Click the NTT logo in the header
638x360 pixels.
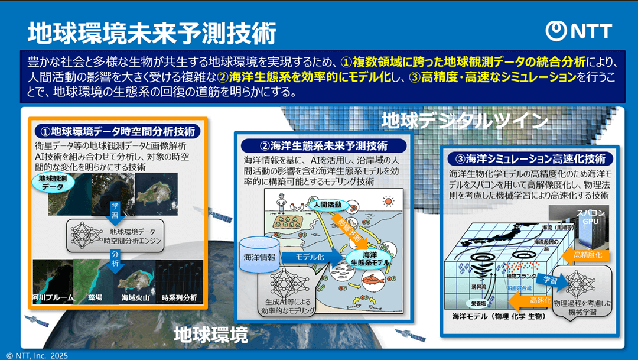pos(578,30)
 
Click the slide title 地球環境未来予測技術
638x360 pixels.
pos(152,33)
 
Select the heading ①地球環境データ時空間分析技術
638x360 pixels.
pos(116,131)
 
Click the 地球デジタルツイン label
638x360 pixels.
pos(466,121)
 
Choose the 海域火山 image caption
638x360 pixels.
pos(135,298)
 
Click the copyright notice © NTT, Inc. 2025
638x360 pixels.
pos(37,355)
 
